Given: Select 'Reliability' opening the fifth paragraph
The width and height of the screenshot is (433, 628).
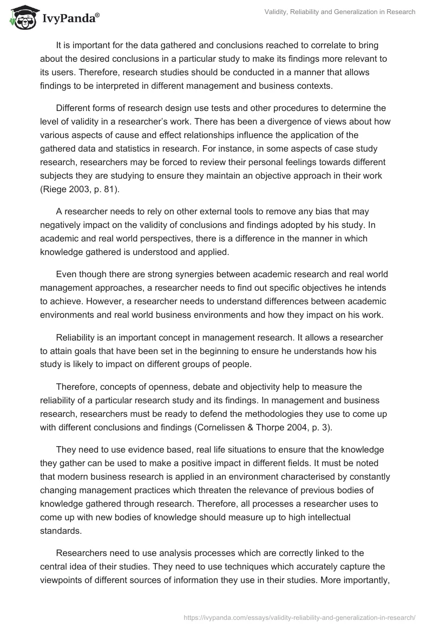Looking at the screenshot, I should (x=77, y=338).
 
